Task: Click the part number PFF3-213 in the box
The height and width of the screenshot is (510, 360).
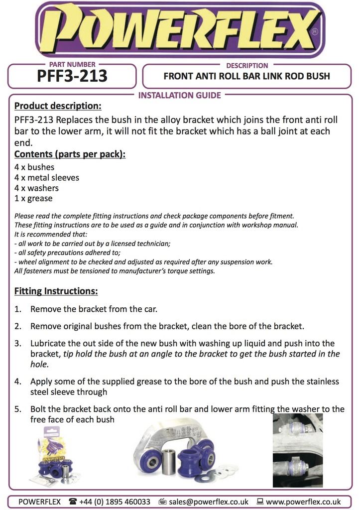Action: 72,76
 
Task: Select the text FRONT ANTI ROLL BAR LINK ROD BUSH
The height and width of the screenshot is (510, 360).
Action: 246,77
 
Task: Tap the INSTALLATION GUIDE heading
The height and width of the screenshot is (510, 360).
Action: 180,95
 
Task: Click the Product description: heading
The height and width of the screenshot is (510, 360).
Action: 58,106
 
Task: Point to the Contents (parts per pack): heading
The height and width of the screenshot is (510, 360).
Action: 70,154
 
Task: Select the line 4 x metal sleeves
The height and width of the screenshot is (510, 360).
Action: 47,178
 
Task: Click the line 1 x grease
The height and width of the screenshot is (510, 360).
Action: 33,198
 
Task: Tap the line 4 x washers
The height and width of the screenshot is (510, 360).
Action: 36,188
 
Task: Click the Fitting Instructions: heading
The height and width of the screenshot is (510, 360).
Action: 56,291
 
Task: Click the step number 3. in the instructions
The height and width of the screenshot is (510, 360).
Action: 18,344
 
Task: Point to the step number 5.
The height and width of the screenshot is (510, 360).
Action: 18,409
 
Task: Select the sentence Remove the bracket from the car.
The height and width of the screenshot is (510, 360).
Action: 94,309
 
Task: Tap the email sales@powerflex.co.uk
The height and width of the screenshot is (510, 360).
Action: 209,502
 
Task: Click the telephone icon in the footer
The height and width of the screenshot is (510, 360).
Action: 73,502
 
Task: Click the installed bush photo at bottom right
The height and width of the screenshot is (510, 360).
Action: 298,450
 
